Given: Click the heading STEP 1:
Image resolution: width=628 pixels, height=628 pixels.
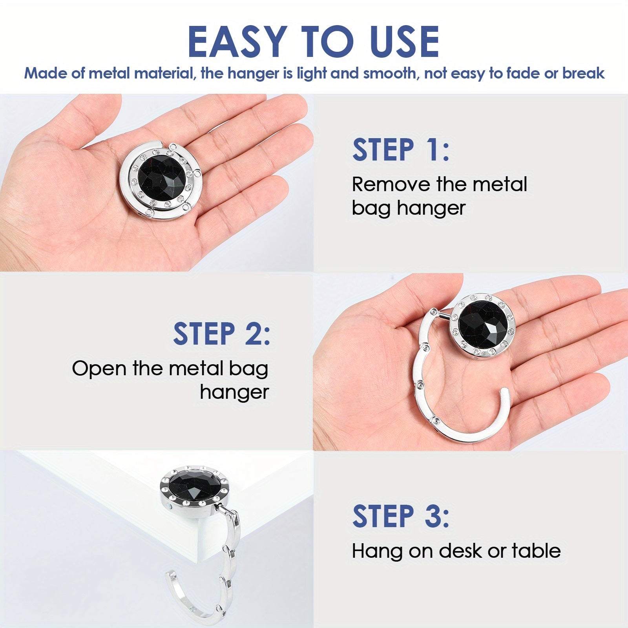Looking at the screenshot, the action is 401,150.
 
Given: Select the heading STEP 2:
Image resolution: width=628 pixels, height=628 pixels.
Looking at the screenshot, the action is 222,333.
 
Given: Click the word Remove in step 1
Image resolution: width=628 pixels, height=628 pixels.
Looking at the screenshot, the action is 391,184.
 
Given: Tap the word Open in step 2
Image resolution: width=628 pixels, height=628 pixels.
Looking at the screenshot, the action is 99,369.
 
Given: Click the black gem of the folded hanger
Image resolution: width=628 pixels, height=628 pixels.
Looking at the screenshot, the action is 162,179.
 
